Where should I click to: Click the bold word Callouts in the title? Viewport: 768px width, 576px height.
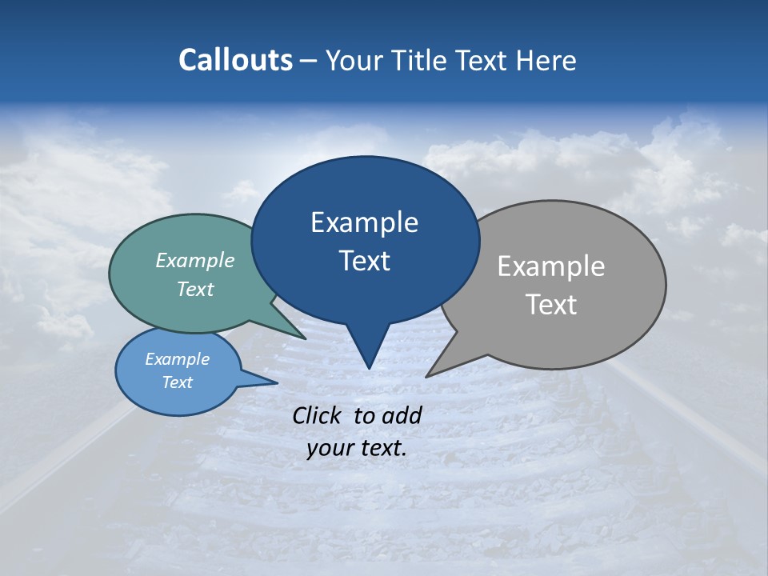[235, 60]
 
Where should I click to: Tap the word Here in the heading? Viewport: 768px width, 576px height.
[547, 60]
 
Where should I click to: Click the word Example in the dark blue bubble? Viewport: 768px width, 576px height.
[364, 222]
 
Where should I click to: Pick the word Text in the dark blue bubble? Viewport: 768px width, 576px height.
[364, 261]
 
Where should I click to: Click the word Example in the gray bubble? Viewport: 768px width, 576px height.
[550, 266]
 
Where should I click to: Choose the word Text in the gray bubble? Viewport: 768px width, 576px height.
[550, 305]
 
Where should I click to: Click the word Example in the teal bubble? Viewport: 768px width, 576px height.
[195, 260]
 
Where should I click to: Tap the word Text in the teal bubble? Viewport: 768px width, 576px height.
[195, 289]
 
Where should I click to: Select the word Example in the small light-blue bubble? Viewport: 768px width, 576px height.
[177, 359]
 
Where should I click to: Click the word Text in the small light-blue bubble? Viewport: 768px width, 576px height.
[177, 382]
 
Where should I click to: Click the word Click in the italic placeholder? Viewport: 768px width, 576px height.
[318, 415]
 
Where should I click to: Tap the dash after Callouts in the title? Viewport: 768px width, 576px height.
[310, 60]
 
